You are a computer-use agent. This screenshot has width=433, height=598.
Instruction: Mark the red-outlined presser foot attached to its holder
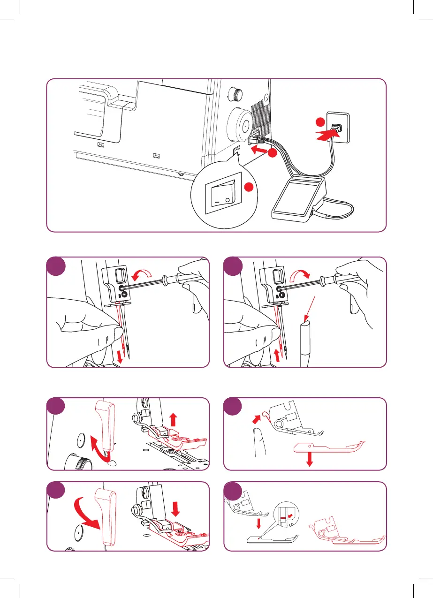pos(344,530)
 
